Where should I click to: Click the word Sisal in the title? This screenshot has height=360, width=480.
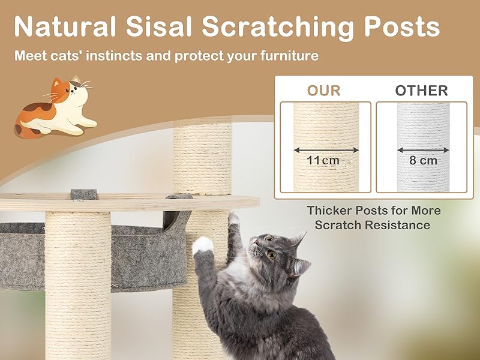click(x=158, y=26)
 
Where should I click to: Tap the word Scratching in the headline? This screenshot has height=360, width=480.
click(x=277, y=28)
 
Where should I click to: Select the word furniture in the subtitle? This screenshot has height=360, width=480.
click(x=289, y=56)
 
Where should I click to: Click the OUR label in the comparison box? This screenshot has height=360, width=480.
click(x=324, y=91)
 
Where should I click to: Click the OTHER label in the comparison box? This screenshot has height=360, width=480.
click(x=421, y=91)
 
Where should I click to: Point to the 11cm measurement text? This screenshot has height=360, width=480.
click(x=323, y=160)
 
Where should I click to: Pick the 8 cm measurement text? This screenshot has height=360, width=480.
click(x=423, y=160)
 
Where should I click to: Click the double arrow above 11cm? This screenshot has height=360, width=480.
click(x=326, y=150)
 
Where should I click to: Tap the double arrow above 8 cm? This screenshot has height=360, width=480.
click(x=423, y=150)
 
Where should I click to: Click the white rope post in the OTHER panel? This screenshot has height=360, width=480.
click(x=423, y=148)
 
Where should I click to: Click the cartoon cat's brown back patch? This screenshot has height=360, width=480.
click(x=38, y=107)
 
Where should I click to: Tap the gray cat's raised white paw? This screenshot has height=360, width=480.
click(x=203, y=245)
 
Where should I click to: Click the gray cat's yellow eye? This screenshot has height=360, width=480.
click(x=272, y=254)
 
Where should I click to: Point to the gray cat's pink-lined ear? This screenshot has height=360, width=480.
click(x=300, y=266)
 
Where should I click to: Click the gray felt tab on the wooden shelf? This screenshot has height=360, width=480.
click(x=83, y=194)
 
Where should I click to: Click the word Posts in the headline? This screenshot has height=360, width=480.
click(x=401, y=26)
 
